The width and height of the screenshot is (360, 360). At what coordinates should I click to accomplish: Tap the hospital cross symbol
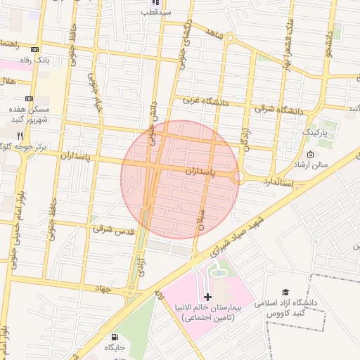[207, 297]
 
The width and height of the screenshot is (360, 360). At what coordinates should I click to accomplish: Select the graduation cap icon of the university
[285, 292]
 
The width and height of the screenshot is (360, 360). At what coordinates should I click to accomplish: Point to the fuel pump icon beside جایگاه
[114, 337]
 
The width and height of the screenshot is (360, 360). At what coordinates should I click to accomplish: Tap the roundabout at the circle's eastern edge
[239, 177]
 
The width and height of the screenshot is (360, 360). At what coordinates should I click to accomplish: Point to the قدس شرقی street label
[102, 229]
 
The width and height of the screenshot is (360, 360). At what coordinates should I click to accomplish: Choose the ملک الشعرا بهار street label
[288, 42]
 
